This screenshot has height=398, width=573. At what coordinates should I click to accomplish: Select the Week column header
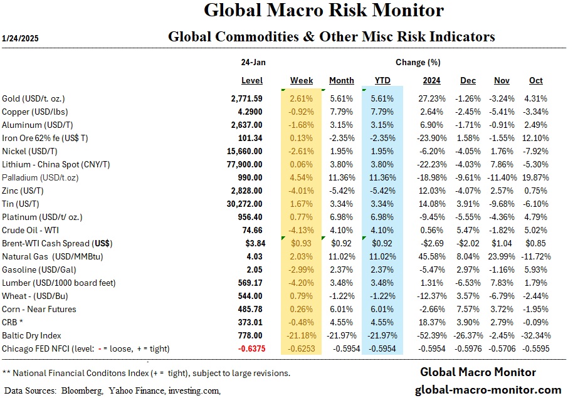[302, 81]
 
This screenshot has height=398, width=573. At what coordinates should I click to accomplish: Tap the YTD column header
[382, 81]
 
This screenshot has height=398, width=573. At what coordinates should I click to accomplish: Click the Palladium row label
[39, 177]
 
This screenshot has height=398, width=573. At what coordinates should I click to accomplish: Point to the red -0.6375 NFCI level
[246, 348]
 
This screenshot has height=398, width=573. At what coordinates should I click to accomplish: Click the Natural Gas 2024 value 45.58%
[426, 256]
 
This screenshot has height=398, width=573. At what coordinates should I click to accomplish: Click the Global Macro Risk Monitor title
[324, 11]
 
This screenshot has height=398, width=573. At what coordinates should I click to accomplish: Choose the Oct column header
[535, 81]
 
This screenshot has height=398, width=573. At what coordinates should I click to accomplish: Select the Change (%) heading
[418, 63]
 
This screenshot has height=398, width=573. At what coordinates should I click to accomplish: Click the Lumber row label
[59, 283]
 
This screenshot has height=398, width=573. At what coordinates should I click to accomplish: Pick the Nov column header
[502, 81]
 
